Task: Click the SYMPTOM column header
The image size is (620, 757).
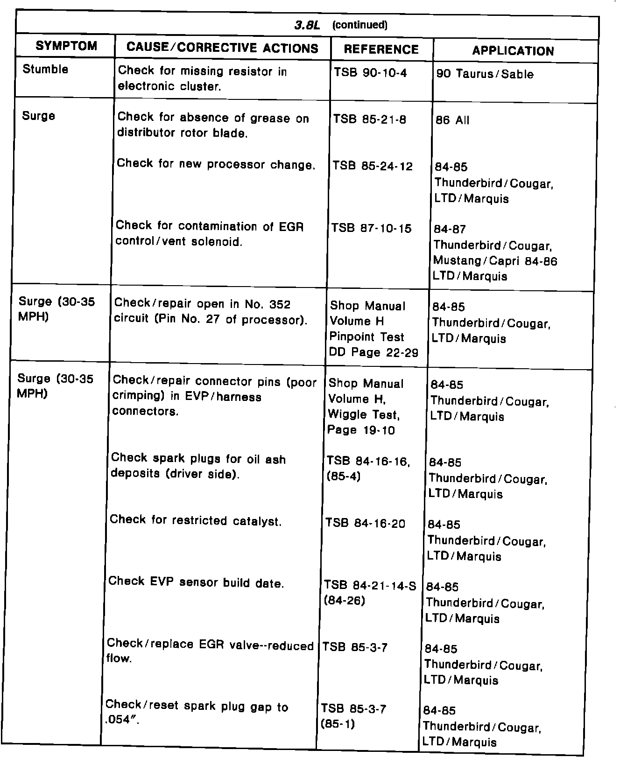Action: point(66,46)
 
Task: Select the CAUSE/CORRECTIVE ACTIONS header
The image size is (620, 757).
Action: point(222,48)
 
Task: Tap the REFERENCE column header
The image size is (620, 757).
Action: point(381,49)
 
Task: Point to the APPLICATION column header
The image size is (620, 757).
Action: point(513,51)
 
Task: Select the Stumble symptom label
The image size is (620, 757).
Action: point(45,70)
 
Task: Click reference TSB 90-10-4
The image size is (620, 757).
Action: point(370,73)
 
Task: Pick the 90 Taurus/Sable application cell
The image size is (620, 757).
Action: point(485,74)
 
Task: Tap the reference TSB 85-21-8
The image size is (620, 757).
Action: point(369,119)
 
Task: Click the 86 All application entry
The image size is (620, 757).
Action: point(452,120)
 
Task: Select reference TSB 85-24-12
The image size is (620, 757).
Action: point(372,166)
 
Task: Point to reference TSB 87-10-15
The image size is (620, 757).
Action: point(372,228)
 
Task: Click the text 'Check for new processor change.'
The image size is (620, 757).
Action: point(216,164)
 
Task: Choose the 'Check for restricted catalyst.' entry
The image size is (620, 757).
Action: point(196,520)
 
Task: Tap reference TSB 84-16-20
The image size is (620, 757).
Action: point(366,524)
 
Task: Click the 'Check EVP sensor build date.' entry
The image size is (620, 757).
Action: point(196,582)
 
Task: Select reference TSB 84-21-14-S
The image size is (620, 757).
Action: point(370,585)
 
